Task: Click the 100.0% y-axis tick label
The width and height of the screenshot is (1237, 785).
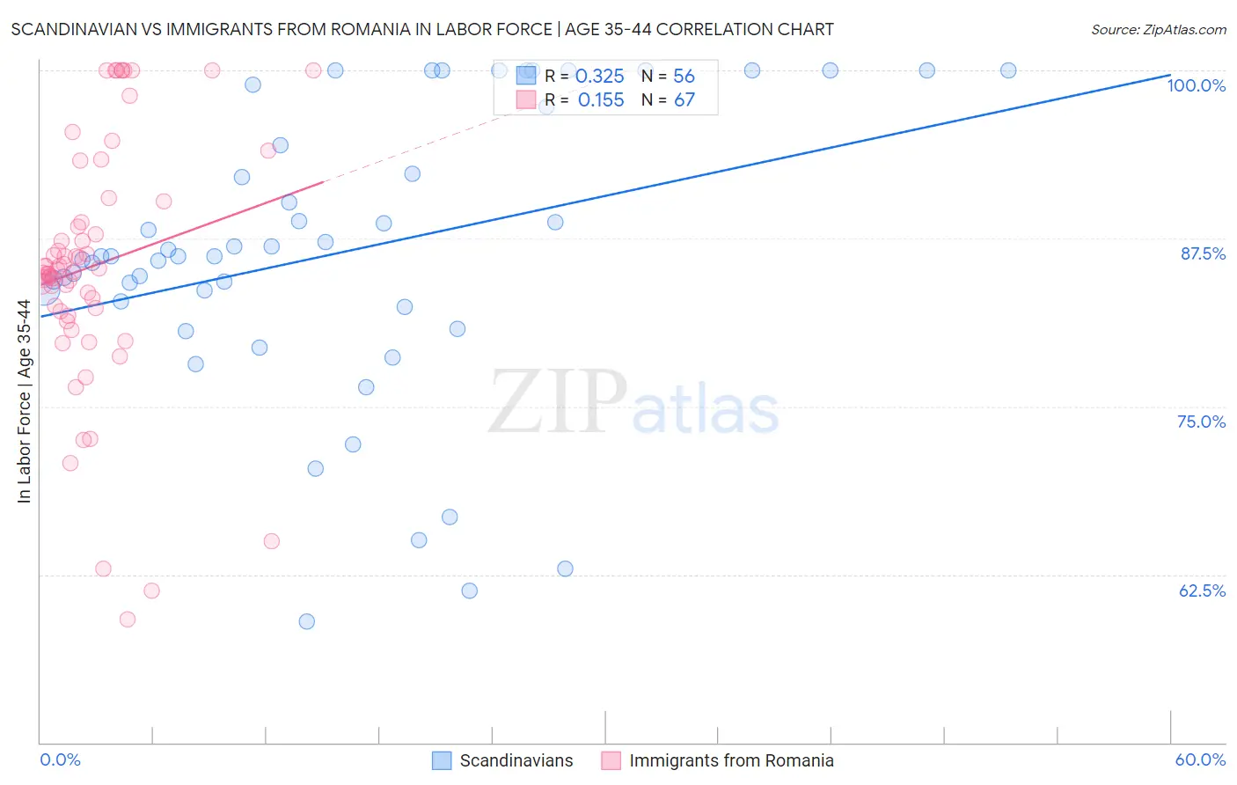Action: pos(1196,85)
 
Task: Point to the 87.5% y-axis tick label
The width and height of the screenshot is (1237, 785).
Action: pos(1203,253)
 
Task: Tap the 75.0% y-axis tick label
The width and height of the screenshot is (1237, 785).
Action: pos(1201,422)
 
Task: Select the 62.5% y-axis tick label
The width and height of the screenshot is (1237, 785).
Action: pos(1202,591)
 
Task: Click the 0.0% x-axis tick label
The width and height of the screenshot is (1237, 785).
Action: pos(60,759)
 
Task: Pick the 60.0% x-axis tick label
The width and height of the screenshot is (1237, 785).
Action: pos(1200,759)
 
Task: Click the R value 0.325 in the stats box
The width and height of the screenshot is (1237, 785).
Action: pos(599,77)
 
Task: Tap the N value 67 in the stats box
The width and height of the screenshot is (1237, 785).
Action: pos(684,100)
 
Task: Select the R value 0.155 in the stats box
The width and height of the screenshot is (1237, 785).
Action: pos(601,100)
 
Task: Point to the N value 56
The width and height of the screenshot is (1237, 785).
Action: pos(684,77)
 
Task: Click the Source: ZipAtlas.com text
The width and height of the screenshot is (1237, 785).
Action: pos(1158,29)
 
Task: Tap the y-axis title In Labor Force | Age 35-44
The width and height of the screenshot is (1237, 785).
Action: pos(24,401)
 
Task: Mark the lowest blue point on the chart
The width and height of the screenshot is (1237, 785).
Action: pos(306,621)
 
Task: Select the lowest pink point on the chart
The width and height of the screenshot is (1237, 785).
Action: pos(128,620)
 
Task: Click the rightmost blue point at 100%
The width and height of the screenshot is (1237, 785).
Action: pos(1008,70)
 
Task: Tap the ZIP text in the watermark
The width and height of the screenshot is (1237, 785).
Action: pos(558,402)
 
